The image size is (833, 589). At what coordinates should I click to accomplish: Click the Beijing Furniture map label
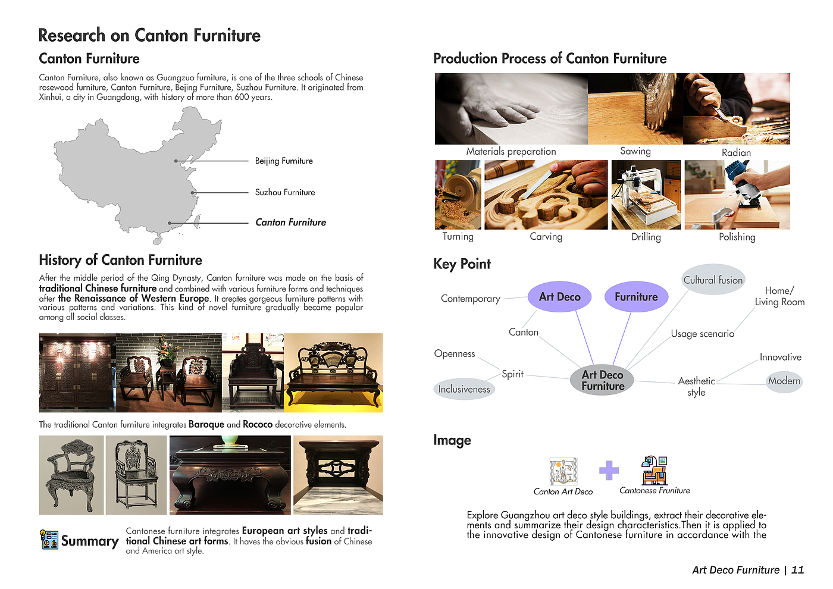coord(284,161)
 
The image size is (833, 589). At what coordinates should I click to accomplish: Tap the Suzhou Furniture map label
coord(285,193)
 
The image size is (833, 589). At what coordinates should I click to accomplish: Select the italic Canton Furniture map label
coord(290,223)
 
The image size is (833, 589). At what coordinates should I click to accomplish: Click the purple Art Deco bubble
coord(559,297)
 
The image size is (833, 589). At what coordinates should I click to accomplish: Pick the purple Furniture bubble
coord(636,297)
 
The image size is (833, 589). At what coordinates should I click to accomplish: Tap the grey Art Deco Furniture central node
coord(602,380)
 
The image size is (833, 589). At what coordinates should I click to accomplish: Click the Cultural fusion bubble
coord(713,280)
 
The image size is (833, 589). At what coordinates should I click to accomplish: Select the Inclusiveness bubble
coord(464,389)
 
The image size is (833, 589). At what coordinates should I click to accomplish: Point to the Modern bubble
coord(784,381)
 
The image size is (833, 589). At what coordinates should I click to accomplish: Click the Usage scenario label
coord(702,334)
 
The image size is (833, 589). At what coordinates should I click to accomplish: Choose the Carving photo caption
coord(546,237)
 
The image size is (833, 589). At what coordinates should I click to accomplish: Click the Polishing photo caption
coord(737,237)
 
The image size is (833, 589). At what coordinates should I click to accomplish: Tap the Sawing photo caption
coord(635,151)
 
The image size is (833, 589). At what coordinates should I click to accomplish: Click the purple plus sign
coord(609,471)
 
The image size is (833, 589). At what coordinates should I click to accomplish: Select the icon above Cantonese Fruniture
coord(654,470)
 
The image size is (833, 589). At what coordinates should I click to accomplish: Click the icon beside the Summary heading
coord(49,540)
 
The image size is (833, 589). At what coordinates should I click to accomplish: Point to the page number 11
coord(797,570)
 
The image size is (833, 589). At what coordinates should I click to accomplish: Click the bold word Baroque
coord(206,425)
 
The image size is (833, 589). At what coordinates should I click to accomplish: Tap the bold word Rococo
coord(257,425)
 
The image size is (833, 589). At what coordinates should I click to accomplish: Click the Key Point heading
coord(462,264)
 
